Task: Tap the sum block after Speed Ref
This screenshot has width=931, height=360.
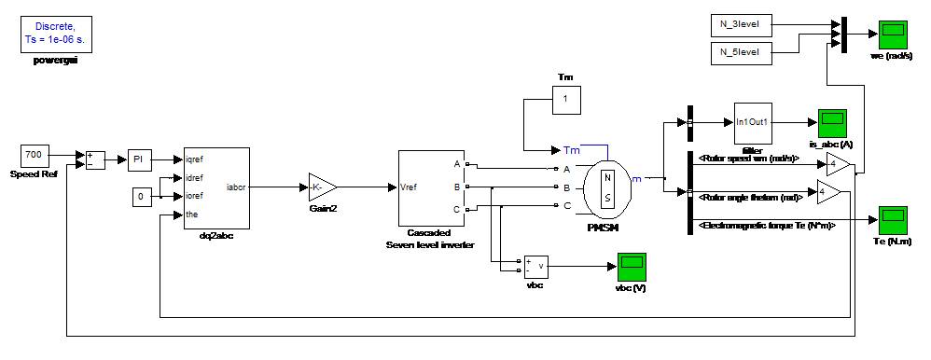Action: click(95, 159)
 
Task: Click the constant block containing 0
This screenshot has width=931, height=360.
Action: click(141, 197)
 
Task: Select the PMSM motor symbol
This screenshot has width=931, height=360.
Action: click(606, 187)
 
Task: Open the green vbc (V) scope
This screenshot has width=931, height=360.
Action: click(632, 266)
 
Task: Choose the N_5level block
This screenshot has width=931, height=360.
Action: click(741, 52)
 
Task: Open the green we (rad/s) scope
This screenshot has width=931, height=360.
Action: click(892, 34)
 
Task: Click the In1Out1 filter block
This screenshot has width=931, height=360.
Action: click(753, 122)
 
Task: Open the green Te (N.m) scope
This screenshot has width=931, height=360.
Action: click(892, 220)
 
